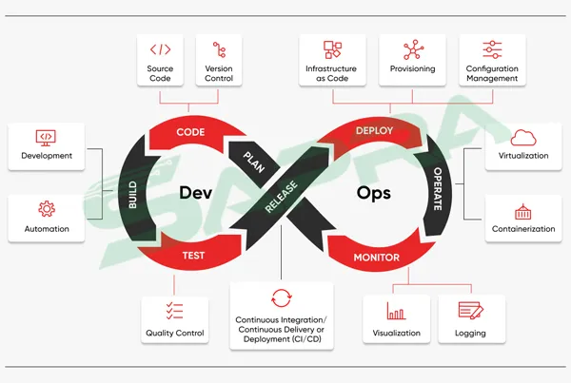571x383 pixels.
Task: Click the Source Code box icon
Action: pos(160,49)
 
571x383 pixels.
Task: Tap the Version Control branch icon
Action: pos(219,49)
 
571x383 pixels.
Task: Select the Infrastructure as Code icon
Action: pos(331,49)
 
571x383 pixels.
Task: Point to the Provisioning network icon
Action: pos(413,49)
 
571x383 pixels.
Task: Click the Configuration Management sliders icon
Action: pos(492,49)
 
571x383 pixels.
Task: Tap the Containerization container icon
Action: pos(522,211)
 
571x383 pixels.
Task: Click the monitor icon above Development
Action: pos(47,136)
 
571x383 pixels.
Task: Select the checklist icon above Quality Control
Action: pos(174,311)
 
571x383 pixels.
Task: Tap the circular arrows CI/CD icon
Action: pos(281,296)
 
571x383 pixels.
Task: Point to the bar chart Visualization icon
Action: pos(395,311)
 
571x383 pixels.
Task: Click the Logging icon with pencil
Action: pos(470,311)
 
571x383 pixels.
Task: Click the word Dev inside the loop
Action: pos(195,193)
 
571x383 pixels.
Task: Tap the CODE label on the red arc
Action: pos(192,132)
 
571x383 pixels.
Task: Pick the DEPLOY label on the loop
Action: pos(374,130)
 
